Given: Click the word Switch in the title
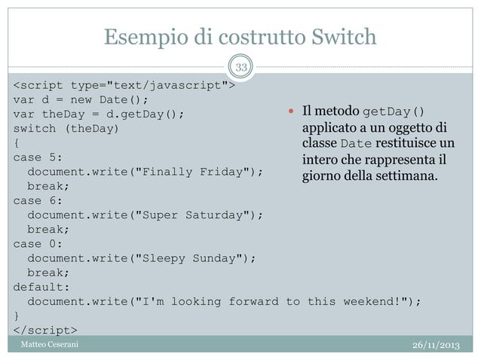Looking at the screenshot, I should point(339,36).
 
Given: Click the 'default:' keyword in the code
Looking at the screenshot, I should point(41,286).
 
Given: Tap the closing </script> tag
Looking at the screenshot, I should point(44,330).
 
